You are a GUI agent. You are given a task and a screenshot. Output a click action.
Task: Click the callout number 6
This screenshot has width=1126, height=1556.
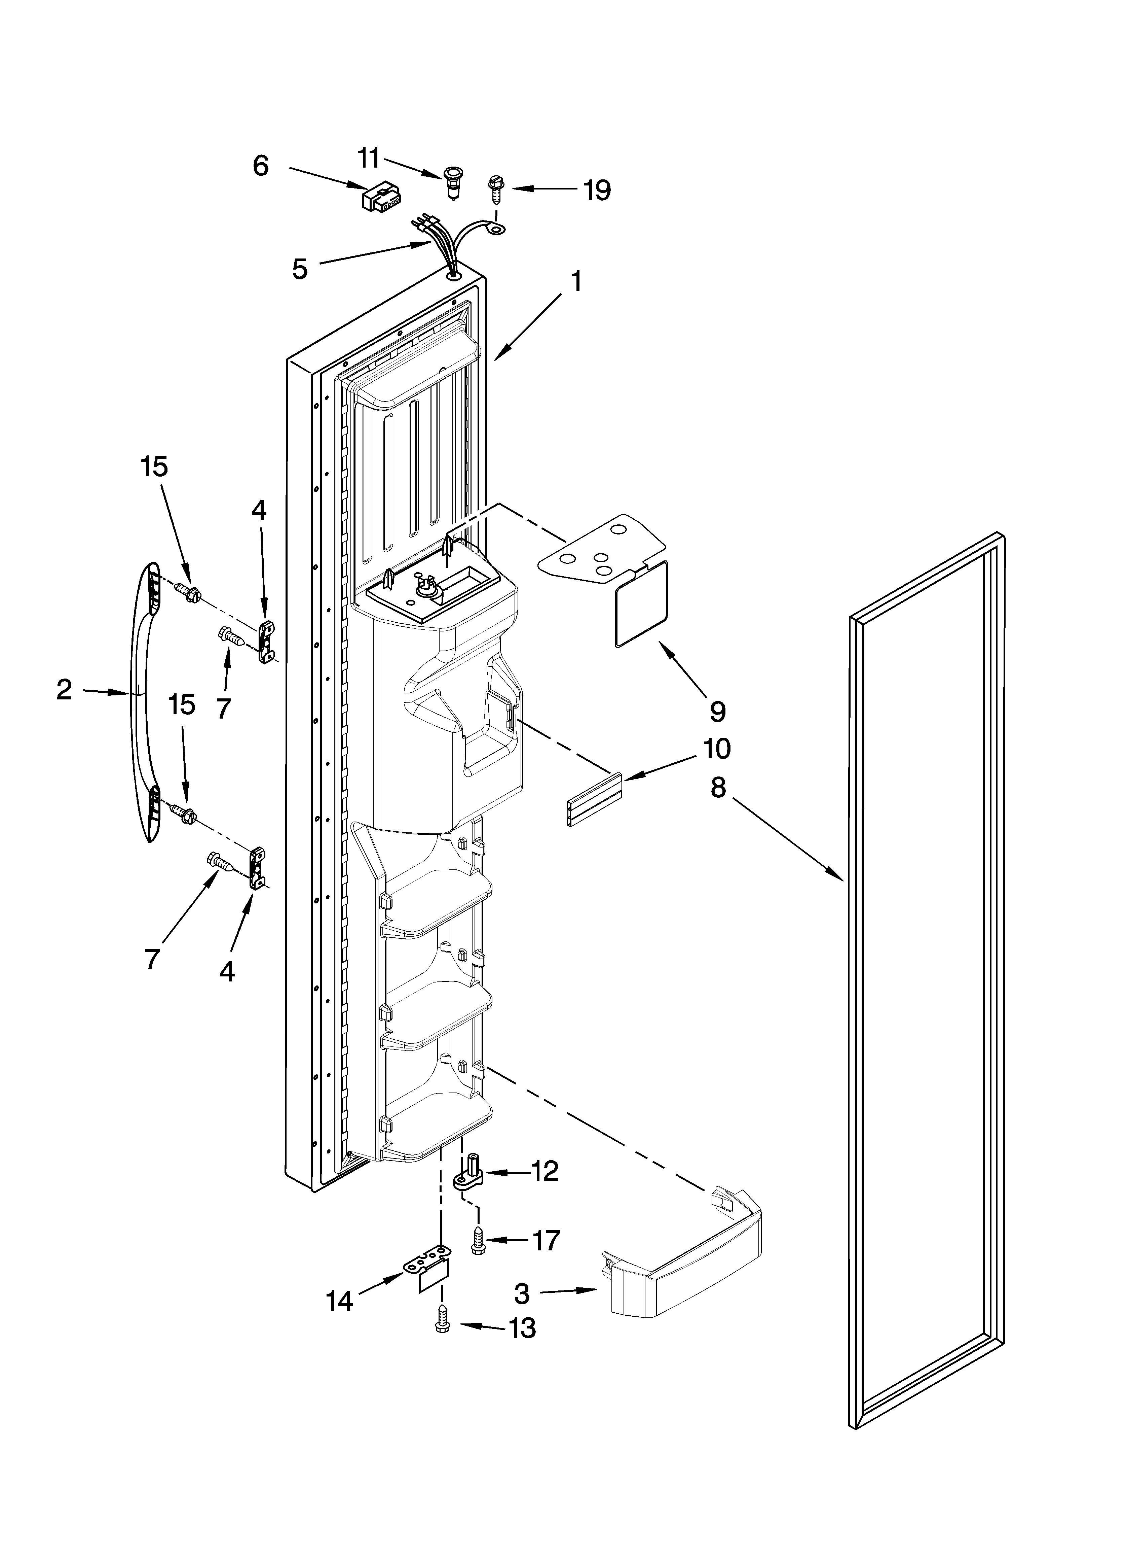click(x=261, y=166)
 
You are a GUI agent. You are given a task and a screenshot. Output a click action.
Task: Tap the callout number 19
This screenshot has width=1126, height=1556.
click(x=597, y=190)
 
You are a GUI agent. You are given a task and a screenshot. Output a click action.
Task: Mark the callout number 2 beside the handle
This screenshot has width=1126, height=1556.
click(x=64, y=690)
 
